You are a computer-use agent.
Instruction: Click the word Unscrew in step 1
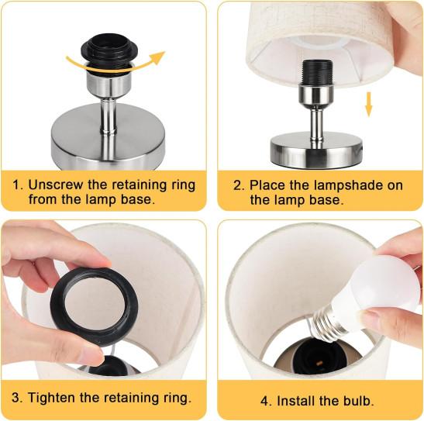(x=56, y=185)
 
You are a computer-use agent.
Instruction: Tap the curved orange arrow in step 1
(x=114, y=66)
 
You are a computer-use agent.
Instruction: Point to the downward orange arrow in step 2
(x=368, y=105)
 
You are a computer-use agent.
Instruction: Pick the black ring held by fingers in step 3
(x=94, y=305)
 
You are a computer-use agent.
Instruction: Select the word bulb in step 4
(x=359, y=401)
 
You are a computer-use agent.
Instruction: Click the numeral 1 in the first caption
(x=16, y=185)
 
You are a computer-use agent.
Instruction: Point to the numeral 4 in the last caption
(x=265, y=401)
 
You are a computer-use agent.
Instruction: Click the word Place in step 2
(x=267, y=185)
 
